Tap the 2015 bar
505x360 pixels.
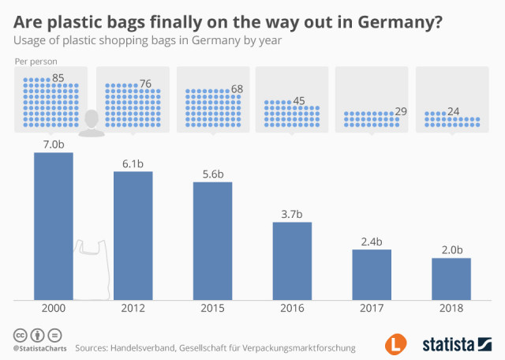[213, 241]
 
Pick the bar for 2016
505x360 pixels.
[293, 261]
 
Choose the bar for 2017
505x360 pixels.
[372, 274]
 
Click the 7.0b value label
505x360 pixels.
[54, 144]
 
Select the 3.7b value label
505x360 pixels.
[293, 214]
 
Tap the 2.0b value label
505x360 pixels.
[451, 249]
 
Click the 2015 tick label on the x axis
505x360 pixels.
[213, 310]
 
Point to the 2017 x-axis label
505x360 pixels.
[372, 310]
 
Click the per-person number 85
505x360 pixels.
[58, 78]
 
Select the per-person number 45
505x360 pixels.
[298, 100]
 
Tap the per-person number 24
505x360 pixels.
[454, 112]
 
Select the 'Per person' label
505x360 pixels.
[35, 61]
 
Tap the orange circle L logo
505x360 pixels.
[396, 344]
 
